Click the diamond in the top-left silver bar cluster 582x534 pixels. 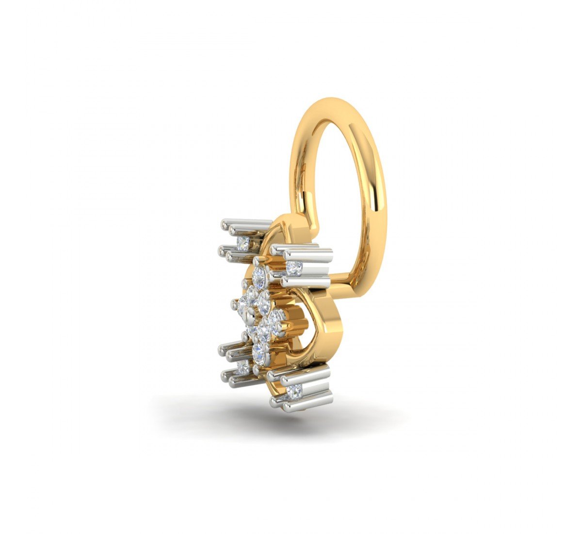tap(242, 241)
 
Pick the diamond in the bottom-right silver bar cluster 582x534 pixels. tap(293, 391)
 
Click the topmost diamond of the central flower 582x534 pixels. tap(259, 278)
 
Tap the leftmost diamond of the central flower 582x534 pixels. tap(243, 305)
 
